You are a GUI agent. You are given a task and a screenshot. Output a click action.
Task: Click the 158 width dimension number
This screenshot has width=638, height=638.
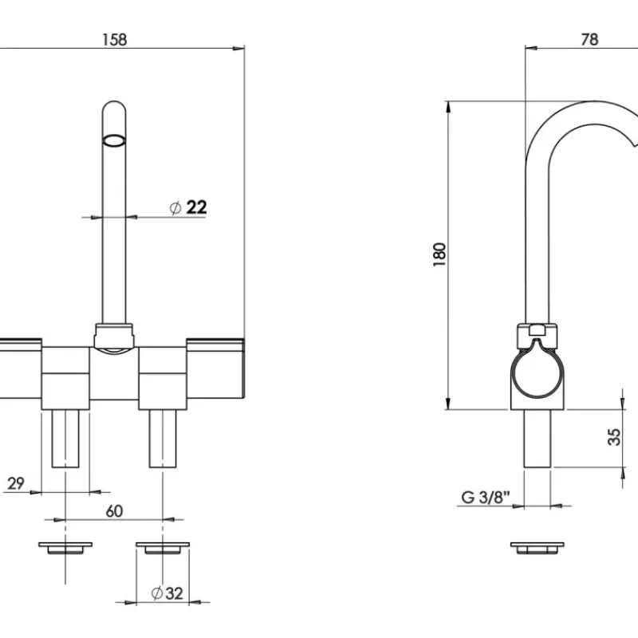pos(115,40)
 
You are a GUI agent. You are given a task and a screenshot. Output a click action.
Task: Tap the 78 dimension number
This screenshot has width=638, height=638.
pos(589,39)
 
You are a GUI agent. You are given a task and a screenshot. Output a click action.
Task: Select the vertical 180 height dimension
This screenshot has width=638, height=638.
pos(440,254)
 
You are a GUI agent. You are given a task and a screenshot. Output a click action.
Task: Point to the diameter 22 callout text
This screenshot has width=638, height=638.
pos(188,207)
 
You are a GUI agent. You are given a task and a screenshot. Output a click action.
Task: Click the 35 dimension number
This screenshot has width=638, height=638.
pos(614,437)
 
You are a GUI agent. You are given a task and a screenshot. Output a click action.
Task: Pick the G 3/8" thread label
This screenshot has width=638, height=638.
pos(486,497)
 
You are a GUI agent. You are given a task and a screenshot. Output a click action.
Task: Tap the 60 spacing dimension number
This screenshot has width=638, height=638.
pos(114,511)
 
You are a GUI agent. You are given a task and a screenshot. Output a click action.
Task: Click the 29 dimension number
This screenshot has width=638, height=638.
pos(16,483)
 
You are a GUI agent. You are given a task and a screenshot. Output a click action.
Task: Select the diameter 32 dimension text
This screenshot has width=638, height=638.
pos(167,593)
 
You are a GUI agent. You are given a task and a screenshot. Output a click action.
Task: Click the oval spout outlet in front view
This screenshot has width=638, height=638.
pos(114,140)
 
